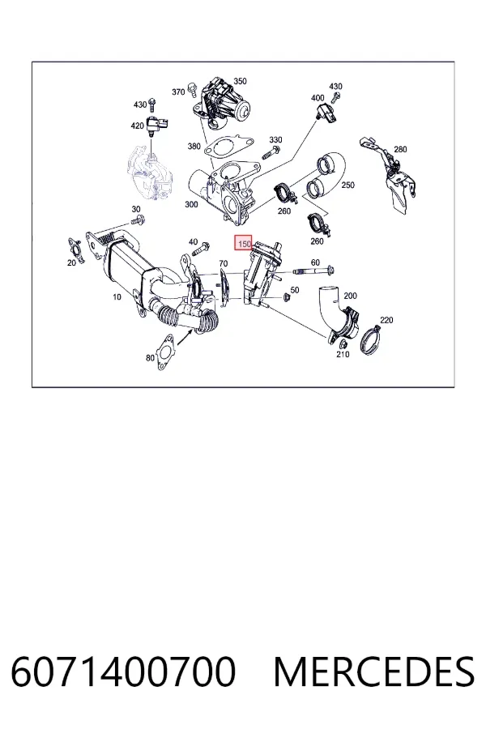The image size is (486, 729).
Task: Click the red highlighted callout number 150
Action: pos(244,243)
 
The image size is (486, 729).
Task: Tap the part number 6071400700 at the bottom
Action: pos(123,671)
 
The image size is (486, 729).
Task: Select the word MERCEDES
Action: pos(374,671)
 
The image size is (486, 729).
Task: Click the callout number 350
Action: pos(240,81)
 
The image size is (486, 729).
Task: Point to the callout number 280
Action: pos(400,149)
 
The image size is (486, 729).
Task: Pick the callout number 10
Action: pos(117,296)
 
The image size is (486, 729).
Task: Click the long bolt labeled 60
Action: pos(313,271)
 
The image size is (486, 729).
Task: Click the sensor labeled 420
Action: pos(157,125)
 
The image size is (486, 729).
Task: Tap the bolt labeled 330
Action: pos(271,151)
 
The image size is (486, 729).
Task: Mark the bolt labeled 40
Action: pos(200,249)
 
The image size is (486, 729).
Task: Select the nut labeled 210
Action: pos(343,344)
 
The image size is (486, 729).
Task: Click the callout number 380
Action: pos(194,147)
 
